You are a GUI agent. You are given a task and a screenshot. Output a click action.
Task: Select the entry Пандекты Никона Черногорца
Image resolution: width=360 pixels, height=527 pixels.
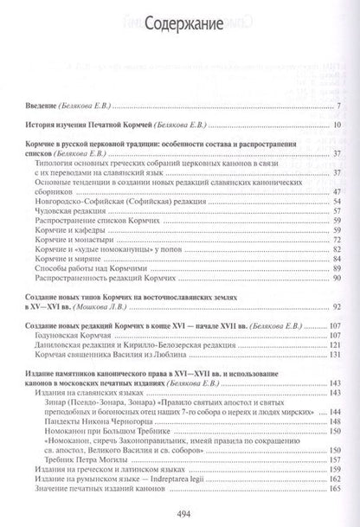point(121,393)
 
